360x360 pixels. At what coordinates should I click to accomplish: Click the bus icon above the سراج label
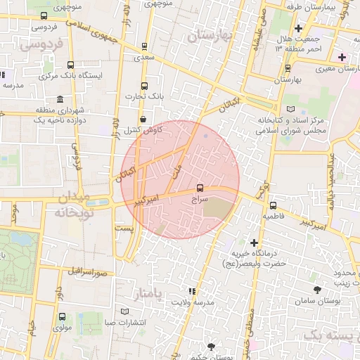[x=200, y=188]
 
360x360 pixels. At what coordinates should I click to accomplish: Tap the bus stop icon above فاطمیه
[x=273, y=205]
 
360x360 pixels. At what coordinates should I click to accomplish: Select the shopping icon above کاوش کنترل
[x=144, y=120]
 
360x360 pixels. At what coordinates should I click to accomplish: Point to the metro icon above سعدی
[x=144, y=46]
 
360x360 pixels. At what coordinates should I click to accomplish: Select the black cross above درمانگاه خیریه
[x=254, y=243]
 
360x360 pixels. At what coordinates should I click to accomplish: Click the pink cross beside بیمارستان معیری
[x=342, y=56]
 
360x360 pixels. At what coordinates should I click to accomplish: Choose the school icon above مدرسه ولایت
[x=191, y=290]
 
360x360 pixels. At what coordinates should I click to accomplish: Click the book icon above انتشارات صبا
[x=125, y=311]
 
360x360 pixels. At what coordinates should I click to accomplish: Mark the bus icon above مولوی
[x=63, y=316]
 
